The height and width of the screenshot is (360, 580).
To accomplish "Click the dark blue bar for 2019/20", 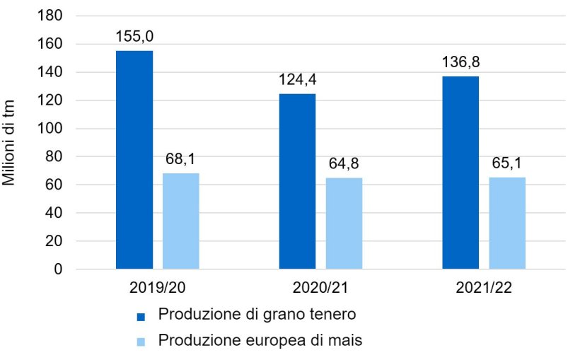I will coord(134,160).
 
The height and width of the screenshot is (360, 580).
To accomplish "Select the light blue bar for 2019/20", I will coord(181,221).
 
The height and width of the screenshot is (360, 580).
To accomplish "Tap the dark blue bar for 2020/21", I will coord(297,181).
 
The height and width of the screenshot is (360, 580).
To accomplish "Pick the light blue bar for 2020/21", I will coord(344,223).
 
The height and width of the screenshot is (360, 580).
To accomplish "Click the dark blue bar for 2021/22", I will coord(460,173).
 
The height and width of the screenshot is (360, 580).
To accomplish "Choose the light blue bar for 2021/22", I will coord(507,223).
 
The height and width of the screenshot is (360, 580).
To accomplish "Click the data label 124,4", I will coord(297,79).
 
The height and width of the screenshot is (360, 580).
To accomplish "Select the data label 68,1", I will coord(181,159).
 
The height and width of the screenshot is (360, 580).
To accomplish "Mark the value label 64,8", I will coord(344,164).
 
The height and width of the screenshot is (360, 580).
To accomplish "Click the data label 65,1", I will coord(507,163).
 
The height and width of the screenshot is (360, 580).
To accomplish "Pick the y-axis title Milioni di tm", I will coord(10,142).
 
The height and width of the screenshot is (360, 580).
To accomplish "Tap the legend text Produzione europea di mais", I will coord(260,340).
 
